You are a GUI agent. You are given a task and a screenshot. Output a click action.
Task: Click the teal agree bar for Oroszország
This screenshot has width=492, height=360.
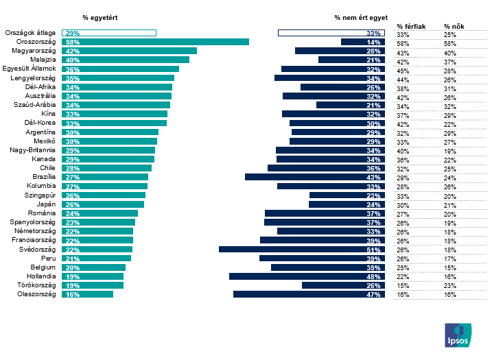click(155, 42)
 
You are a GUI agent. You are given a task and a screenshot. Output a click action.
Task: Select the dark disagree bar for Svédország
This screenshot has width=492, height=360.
click(302, 250)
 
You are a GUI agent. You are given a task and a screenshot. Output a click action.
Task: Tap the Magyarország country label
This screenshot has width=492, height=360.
click(34, 51)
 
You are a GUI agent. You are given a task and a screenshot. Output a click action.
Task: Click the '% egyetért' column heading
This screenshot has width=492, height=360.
click(100, 18)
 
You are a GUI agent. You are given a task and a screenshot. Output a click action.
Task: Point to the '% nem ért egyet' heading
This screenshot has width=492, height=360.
click(361, 18)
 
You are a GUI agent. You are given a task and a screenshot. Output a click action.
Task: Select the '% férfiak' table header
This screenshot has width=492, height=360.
click(411, 27)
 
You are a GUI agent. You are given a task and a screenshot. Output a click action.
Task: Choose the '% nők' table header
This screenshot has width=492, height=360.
click(454, 27)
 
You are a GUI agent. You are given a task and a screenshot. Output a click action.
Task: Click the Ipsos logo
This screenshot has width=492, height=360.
click(458, 335)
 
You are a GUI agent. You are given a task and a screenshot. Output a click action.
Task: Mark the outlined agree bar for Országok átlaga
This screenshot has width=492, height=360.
click(109, 33)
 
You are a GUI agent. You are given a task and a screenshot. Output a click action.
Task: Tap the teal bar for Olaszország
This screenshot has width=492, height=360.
click(87, 294)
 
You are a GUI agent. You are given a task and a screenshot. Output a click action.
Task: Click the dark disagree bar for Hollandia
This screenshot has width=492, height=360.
click(307, 276)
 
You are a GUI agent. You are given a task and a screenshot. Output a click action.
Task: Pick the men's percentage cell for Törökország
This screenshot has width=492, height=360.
click(403, 286)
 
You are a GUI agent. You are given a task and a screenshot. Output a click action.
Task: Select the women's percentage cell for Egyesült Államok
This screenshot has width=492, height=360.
click(449, 71)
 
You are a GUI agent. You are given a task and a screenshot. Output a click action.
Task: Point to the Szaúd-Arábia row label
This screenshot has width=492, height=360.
click(34, 105)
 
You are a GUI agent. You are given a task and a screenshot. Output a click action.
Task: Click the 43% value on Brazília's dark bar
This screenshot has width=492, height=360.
click(373, 178)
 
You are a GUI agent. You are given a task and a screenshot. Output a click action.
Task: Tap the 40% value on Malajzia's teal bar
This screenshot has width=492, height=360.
click(73, 60)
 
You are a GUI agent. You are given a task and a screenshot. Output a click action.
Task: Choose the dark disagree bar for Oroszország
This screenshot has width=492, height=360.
click(363, 42)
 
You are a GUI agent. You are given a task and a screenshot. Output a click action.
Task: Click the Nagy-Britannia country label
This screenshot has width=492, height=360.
click(32, 150)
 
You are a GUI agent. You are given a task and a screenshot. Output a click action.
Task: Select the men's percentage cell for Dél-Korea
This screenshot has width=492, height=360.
click(403, 125)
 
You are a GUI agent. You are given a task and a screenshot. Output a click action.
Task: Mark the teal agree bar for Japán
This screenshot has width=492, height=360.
click(103, 204)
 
